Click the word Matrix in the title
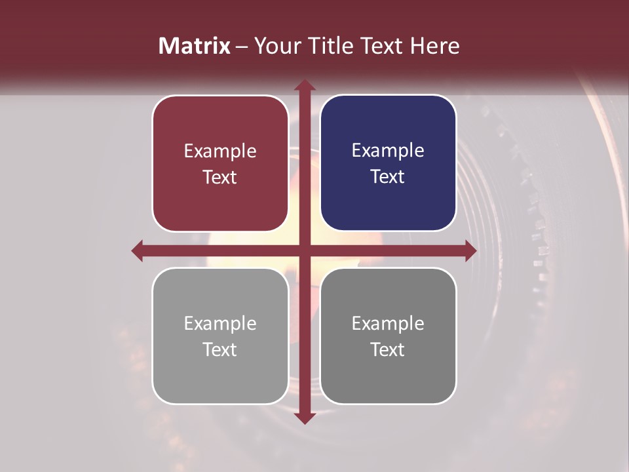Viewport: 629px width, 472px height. tap(195, 46)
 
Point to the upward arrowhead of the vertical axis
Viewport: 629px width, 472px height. tap(304, 86)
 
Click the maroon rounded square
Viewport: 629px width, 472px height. tap(220, 163)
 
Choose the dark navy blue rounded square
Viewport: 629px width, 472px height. tap(388, 163)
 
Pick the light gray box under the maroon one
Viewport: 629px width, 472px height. tap(220, 336)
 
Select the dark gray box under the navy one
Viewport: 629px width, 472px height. tap(388, 336)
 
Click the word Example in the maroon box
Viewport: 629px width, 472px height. tap(220, 151)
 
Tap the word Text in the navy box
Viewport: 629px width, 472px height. tap(388, 177)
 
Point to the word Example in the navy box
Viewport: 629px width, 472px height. tap(388, 151)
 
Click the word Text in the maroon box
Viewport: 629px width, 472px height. tap(220, 178)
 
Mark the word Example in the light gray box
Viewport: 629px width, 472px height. tap(220, 324)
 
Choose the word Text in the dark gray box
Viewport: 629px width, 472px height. tap(388, 350)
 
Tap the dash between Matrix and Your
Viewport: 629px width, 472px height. tap(242, 47)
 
